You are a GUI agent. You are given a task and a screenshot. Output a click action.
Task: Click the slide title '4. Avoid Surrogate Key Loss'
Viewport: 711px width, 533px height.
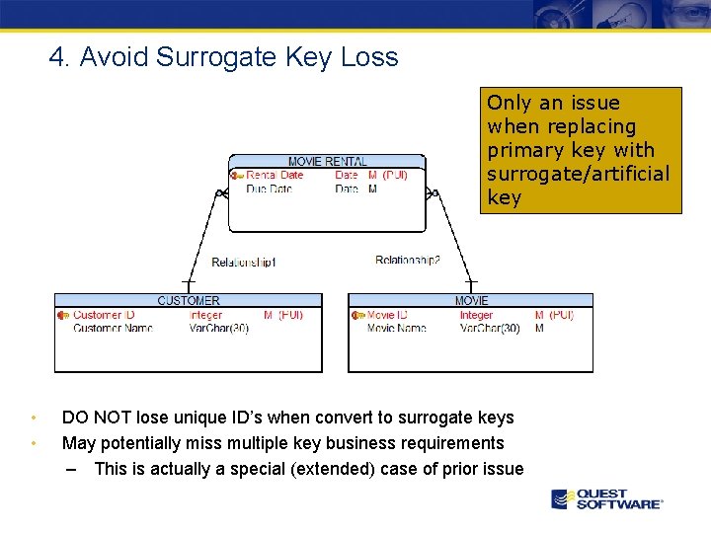pyautogui.click(x=224, y=57)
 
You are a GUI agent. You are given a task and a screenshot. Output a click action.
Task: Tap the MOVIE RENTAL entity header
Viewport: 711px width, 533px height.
pyautogui.click(x=327, y=161)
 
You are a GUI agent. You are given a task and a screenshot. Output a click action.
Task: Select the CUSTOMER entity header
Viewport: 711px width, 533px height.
pyautogui.click(x=189, y=300)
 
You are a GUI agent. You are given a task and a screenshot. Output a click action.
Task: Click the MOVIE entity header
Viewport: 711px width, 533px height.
pyautogui.click(x=471, y=300)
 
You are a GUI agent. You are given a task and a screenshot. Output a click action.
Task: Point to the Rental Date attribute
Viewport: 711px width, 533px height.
pyautogui.click(x=275, y=175)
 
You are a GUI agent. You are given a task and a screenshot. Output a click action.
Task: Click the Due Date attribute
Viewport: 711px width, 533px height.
pyautogui.click(x=269, y=189)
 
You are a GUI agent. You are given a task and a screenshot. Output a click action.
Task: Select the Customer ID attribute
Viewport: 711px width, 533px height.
pyautogui.click(x=104, y=315)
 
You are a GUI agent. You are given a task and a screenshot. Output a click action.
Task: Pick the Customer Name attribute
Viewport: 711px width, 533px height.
pyautogui.click(x=113, y=328)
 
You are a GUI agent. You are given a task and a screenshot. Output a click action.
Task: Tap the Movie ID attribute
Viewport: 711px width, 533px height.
pyautogui.click(x=387, y=315)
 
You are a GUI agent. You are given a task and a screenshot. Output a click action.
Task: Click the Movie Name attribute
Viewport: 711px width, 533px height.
pyautogui.click(x=396, y=328)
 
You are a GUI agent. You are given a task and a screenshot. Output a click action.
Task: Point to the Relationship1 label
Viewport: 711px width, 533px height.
pyautogui.click(x=244, y=263)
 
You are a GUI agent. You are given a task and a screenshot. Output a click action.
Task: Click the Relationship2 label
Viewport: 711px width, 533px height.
pyautogui.click(x=408, y=261)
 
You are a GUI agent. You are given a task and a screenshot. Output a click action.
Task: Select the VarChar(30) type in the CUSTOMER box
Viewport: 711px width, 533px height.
pyautogui.click(x=219, y=328)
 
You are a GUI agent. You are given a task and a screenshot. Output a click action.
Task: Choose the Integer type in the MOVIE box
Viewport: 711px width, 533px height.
pyautogui.click(x=476, y=315)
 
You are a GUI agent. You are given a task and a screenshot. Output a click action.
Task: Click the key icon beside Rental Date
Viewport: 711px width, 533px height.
pyautogui.click(x=237, y=176)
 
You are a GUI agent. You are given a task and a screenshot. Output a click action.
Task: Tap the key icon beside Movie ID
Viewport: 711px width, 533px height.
pyautogui.click(x=357, y=316)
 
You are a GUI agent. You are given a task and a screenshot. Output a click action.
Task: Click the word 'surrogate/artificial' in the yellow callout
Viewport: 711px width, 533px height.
pyautogui.click(x=578, y=174)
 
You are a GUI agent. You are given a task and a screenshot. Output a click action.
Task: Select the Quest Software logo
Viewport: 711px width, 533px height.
pyautogui.click(x=607, y=498)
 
